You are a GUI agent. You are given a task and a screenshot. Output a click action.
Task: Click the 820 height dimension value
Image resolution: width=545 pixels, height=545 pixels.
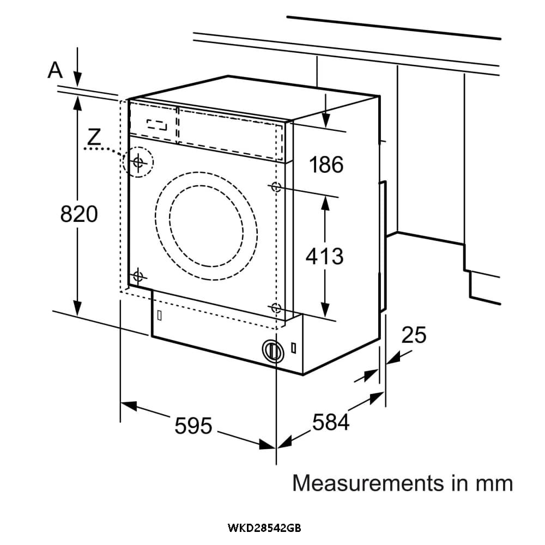[x=79, y=214]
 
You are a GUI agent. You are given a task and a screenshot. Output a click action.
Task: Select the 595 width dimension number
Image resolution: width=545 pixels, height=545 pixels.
[x=193, y=426]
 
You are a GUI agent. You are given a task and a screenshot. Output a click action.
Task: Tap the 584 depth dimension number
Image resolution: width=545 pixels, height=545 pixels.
[x=331, y=422]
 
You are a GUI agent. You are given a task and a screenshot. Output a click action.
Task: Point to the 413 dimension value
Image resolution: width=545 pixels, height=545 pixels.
[x=325, y=256]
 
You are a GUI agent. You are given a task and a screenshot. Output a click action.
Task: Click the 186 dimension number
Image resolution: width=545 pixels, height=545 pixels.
[x=326, y=165]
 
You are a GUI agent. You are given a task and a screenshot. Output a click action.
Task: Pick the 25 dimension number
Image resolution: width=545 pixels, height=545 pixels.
[x=414, y=335]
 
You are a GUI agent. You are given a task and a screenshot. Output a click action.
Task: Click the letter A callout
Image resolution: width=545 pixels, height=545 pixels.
[x=55, y=70]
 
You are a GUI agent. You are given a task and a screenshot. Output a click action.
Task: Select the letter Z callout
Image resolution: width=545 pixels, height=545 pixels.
[x=94, y=137]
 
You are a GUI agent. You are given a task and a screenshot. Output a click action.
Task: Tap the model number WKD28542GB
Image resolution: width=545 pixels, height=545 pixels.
[x=264, y=528]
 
